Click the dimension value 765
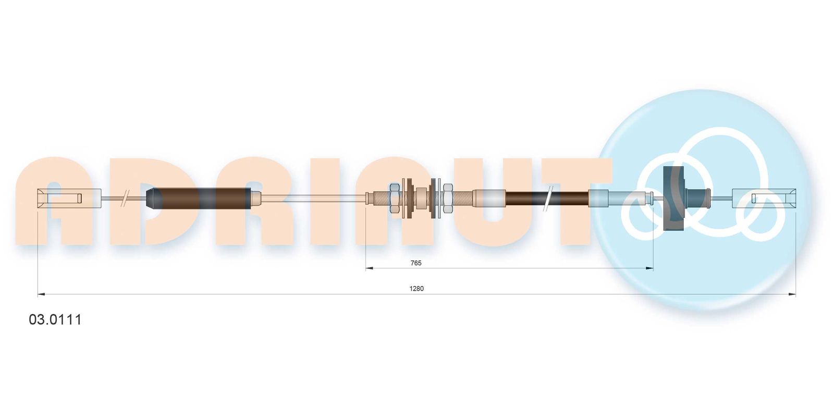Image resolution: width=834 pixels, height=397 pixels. [415, 263]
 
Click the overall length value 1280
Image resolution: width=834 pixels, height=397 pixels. [416, 288]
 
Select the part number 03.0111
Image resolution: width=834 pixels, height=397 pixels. [55, 319]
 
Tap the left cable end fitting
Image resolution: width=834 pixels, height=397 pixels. [70, 198]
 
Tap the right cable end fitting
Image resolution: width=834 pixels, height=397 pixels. [764, 198]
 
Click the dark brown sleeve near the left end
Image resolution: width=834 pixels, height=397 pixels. [199, 198]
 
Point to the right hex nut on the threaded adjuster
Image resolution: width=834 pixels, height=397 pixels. [448, 197]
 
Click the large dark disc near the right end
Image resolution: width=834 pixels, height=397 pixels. [674, 198]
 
